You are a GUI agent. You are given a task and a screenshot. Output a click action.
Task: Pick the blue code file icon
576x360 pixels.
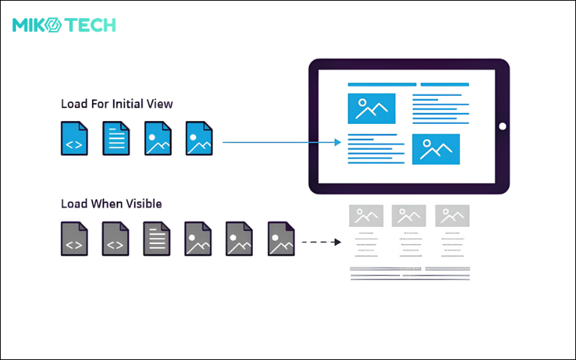click(x=74, y=138)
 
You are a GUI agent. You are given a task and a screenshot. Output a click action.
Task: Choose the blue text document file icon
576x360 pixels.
click(x=115, y=138)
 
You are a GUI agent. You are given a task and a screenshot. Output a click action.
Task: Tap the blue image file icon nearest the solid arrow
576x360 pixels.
click(x=199, y=138)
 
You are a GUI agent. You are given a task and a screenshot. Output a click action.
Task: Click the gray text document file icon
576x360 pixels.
click(x=156, y=238)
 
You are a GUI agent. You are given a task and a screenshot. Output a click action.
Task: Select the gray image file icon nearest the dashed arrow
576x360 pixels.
click(x=282, y=238)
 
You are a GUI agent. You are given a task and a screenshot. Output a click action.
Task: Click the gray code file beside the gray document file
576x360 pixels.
click(x=115, y=238)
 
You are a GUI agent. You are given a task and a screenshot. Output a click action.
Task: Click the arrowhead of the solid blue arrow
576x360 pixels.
click(x=337, y=143)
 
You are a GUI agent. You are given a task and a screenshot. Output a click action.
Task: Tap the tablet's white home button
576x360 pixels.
click(x=502, y=127)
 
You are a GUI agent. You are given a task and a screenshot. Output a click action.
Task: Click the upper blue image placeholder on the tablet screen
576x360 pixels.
click(x=372, y=109)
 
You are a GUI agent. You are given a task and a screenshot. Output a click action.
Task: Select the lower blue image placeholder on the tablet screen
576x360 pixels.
click(x=436, y=149)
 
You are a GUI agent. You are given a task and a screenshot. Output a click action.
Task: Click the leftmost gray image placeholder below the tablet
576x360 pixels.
click(x=366, y=216)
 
